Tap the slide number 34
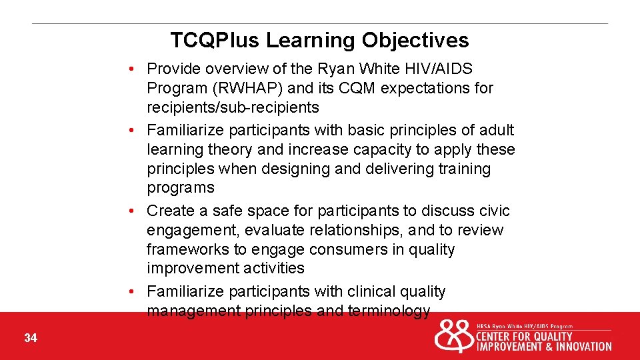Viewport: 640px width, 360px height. tap(31, 339)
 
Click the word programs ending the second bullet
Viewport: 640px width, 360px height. tap(180, 188)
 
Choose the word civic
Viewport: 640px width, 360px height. tap(493, 211)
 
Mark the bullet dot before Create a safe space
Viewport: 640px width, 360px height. tap(134, 211)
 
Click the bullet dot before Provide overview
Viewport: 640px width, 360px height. tap(134, 69)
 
